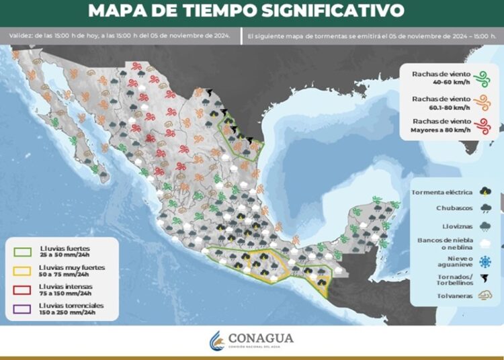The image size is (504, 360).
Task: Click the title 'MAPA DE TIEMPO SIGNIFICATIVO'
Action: (x=247, y=11)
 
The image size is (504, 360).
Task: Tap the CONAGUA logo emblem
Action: (x=216, y=340)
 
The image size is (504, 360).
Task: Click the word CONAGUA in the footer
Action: (x=262, y=338)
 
